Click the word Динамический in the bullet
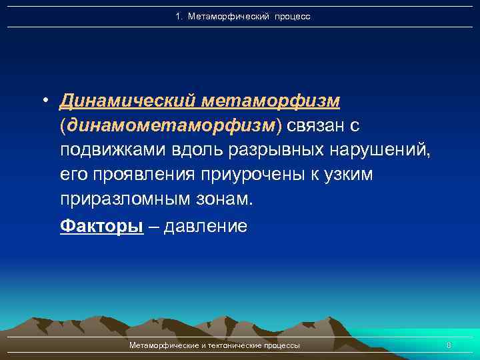click(127, 101)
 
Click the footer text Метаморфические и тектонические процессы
click(214, 345)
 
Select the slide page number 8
click(449, 345)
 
